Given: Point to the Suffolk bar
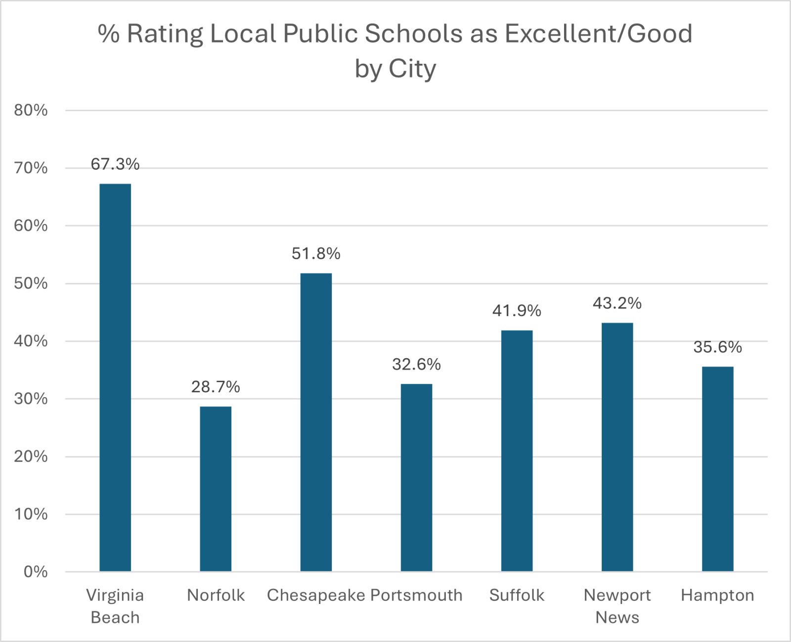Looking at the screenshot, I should (517, 451).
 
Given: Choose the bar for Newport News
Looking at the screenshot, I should (617, 447).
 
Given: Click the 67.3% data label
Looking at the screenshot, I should (115, 164).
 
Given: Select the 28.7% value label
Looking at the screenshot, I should (216, 386).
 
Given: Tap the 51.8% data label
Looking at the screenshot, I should (316, 253).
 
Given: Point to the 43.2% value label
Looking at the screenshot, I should (617, 303).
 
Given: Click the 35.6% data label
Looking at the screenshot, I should (717, 347).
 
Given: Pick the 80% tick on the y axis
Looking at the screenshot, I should (31, 110).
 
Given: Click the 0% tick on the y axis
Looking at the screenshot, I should (36, 572).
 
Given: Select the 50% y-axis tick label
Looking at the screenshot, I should (31, 283).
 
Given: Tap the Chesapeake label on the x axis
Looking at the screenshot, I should (316, 595).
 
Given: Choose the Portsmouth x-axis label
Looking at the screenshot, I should (416, 595).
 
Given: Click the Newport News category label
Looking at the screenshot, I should (617, 606).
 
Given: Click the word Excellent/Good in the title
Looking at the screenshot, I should (598, 34).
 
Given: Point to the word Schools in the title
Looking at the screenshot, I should (413, 34).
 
